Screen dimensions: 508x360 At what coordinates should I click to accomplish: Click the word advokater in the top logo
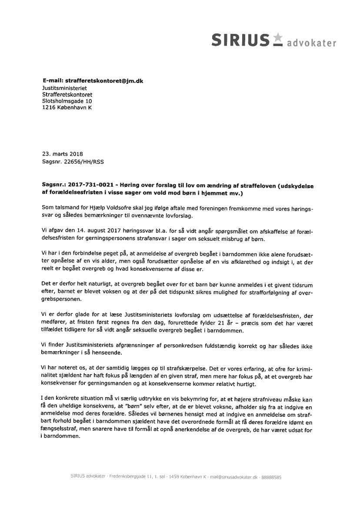point(312,43)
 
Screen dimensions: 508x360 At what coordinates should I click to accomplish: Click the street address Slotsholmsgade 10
point(67,101)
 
